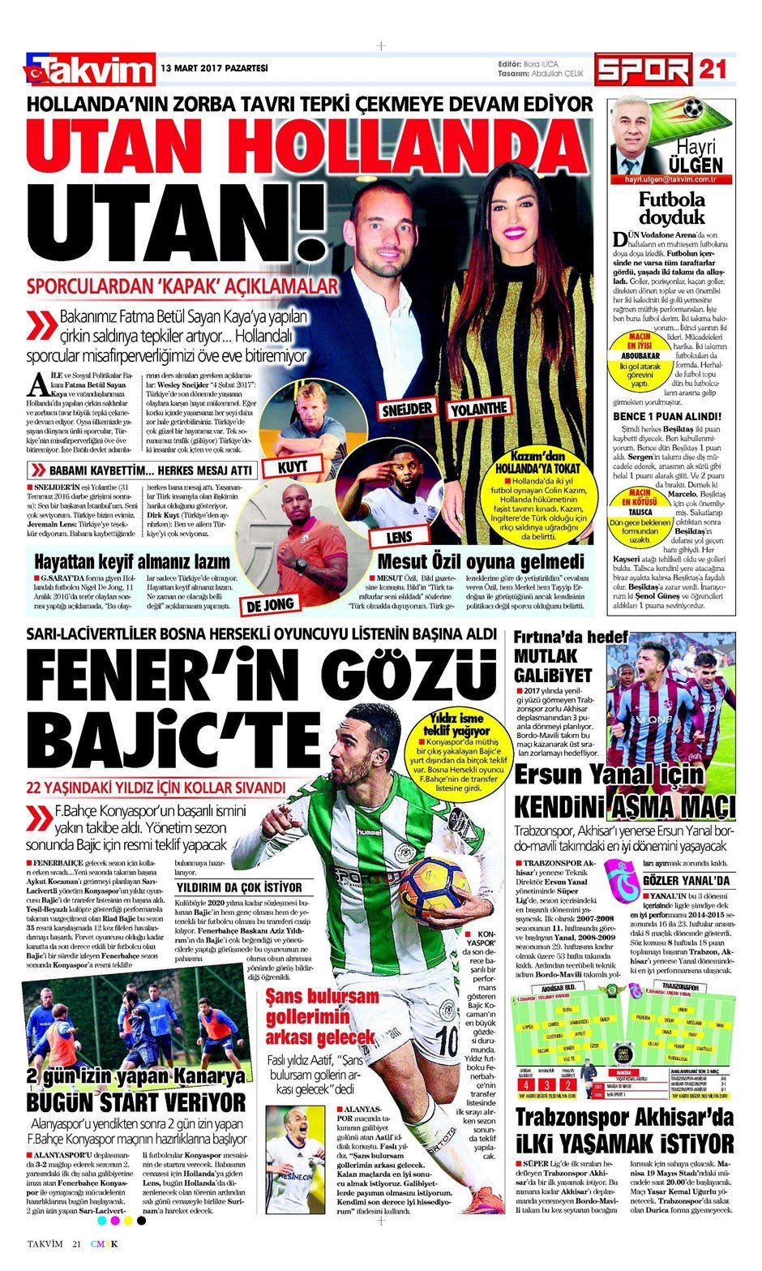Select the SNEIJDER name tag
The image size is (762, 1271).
(x=408, y=408)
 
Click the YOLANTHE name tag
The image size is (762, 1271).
(x=480, y=407)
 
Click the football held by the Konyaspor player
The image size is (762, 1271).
(x=433, y=888)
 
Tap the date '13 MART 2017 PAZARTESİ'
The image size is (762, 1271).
(x=214, y=68)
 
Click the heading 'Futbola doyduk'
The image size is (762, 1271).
(x=672, y=208)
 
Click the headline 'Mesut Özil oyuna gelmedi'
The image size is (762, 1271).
(x=481, y=561)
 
